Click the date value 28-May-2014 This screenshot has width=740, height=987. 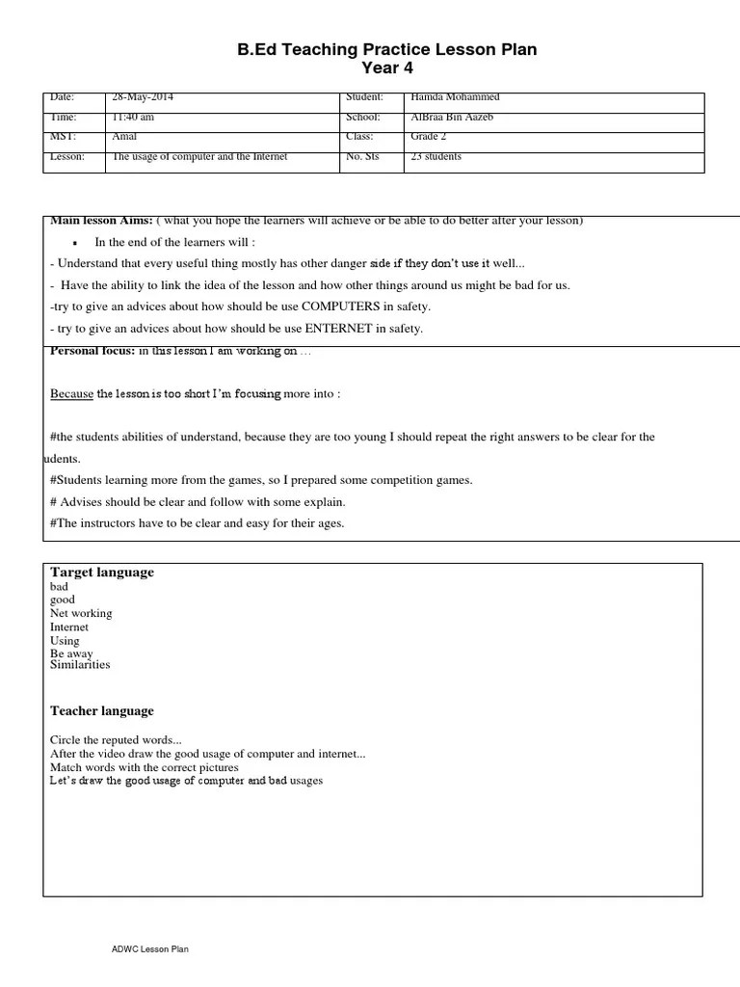tap(143, 97)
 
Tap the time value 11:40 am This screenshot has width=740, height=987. tap(133, 118)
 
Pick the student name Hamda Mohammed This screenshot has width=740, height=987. tap(455, 97)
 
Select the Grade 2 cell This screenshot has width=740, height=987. tap(428, 137)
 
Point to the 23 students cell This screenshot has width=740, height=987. tap(436, 156)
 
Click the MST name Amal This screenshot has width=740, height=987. tap(125, 137)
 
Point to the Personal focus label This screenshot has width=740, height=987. tap(92, 351)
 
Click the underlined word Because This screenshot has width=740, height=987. tap(71, 393)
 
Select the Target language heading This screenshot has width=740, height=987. tap(102, 573)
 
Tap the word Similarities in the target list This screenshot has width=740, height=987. tap(80, 665)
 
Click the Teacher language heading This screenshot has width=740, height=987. tap(101, 711)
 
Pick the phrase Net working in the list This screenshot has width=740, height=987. tap(81, 613)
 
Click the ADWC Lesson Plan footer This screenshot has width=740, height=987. tap(149, 950)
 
